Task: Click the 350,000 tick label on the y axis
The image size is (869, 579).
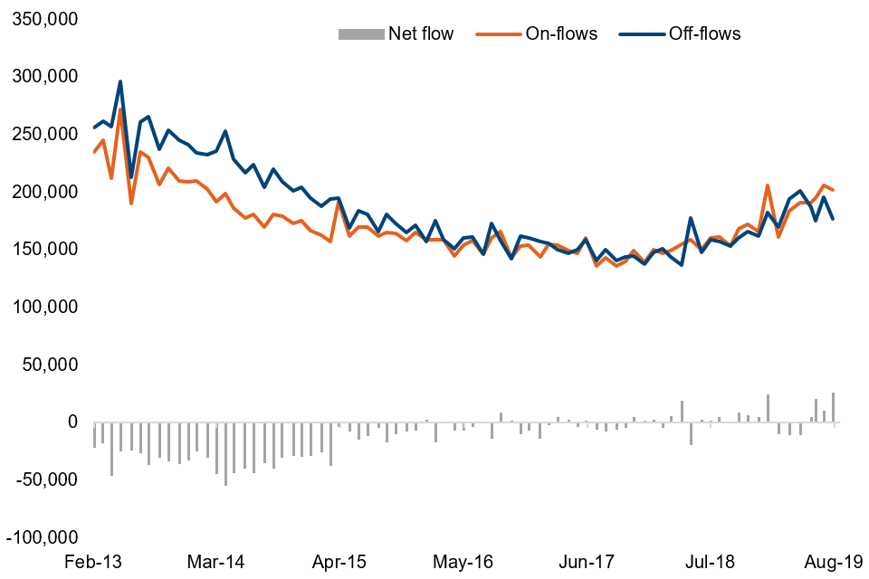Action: click(44, 19)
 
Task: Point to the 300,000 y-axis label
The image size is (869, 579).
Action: click(44, 76)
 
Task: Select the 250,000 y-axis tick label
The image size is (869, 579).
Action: click(44, 134)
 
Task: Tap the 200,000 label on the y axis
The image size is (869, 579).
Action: click(44, 192)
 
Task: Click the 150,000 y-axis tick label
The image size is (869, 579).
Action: click(44, 250)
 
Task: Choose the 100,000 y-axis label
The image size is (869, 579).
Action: click(44, 307)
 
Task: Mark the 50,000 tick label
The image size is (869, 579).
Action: click(49, 365)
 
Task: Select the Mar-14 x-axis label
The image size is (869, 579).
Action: click(215, 562)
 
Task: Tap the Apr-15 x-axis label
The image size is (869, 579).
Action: click(339, 562)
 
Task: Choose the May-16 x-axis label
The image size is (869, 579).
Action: click(463, 562)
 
